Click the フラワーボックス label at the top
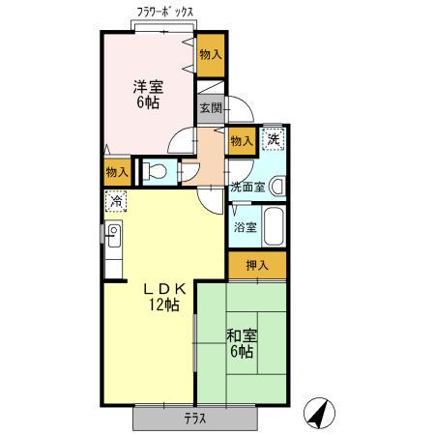[165, 13]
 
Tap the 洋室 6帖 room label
[148, 95]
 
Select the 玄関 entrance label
[211, 108]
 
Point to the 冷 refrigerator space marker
[116, 201]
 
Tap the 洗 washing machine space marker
[274, 139]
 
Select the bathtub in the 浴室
[275, 226]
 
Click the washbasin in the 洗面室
[277, 186]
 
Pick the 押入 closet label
[257, 265]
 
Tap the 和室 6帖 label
[242, 343]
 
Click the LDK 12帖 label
[164, 297]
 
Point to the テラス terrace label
[195, 419]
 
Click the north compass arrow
[319, 413]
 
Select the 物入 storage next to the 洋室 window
[211, 55]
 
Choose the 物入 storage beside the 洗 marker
[242, 141]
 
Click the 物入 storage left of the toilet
[117, 172]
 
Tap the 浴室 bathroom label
[246, 227]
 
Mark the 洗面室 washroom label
[247, 187]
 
